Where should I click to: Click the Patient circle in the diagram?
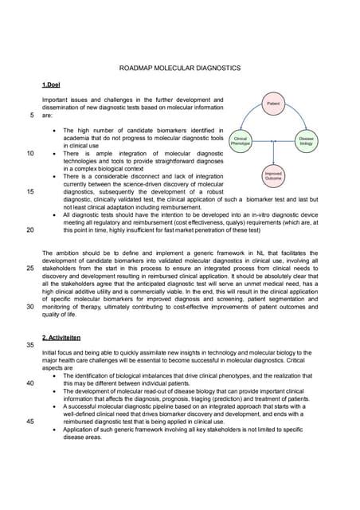(273, 104)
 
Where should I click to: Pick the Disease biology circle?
(306, 140)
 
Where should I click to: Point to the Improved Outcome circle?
(273, 175)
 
